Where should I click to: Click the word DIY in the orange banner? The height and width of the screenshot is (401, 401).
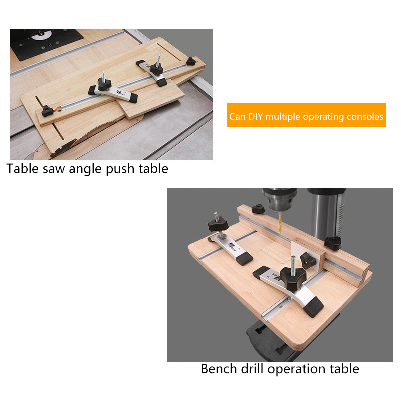click(256, 117)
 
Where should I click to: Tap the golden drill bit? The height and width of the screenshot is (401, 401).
click(280, 223)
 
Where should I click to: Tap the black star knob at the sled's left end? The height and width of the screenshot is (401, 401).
click(47, 111)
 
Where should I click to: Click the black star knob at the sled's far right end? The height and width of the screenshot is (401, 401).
click(191, 61)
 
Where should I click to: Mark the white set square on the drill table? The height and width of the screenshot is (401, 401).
click(305, 254)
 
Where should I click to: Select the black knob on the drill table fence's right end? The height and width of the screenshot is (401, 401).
click(333, 243)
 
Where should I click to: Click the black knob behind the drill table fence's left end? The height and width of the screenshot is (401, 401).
click(258, 209)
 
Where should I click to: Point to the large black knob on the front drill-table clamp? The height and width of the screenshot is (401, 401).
click(293, 278)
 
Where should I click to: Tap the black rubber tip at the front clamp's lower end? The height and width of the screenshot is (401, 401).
click(314, 307)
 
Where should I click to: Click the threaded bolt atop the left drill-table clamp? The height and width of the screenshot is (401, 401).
click(217, 217)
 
